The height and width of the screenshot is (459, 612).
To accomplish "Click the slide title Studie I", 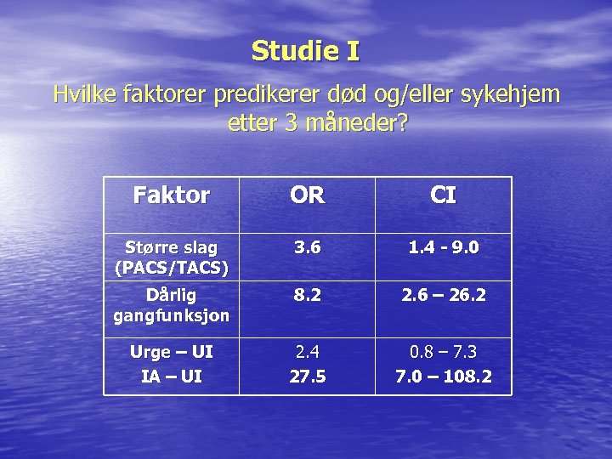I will [305, 52].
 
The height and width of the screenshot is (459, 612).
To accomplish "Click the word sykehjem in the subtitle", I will [508, 93].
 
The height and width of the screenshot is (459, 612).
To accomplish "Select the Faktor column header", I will [171, 196].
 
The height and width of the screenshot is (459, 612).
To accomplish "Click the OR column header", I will [307, 196].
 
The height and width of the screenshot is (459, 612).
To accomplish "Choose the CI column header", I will [443, 196].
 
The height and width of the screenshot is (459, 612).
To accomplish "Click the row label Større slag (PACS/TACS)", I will [171, 257].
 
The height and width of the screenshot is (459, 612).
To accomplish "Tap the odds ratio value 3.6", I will [307, 248].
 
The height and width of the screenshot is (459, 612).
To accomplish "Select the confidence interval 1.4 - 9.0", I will [443, 248].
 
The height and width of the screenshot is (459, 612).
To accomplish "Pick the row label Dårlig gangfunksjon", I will [171, 304].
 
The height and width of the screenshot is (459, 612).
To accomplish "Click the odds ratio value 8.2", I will [307, 296].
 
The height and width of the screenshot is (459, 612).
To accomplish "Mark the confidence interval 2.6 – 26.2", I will [443, 296].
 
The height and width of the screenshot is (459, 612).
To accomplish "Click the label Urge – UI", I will [171, 352].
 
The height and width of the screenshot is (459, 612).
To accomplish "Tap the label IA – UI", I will [171, 376].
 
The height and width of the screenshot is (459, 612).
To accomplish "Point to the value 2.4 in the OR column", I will [307, 352].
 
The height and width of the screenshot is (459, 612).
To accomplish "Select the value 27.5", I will [307, 376].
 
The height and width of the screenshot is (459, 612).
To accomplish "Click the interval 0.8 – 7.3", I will [443, 352].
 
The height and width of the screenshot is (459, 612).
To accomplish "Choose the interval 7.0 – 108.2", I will [443, 376].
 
